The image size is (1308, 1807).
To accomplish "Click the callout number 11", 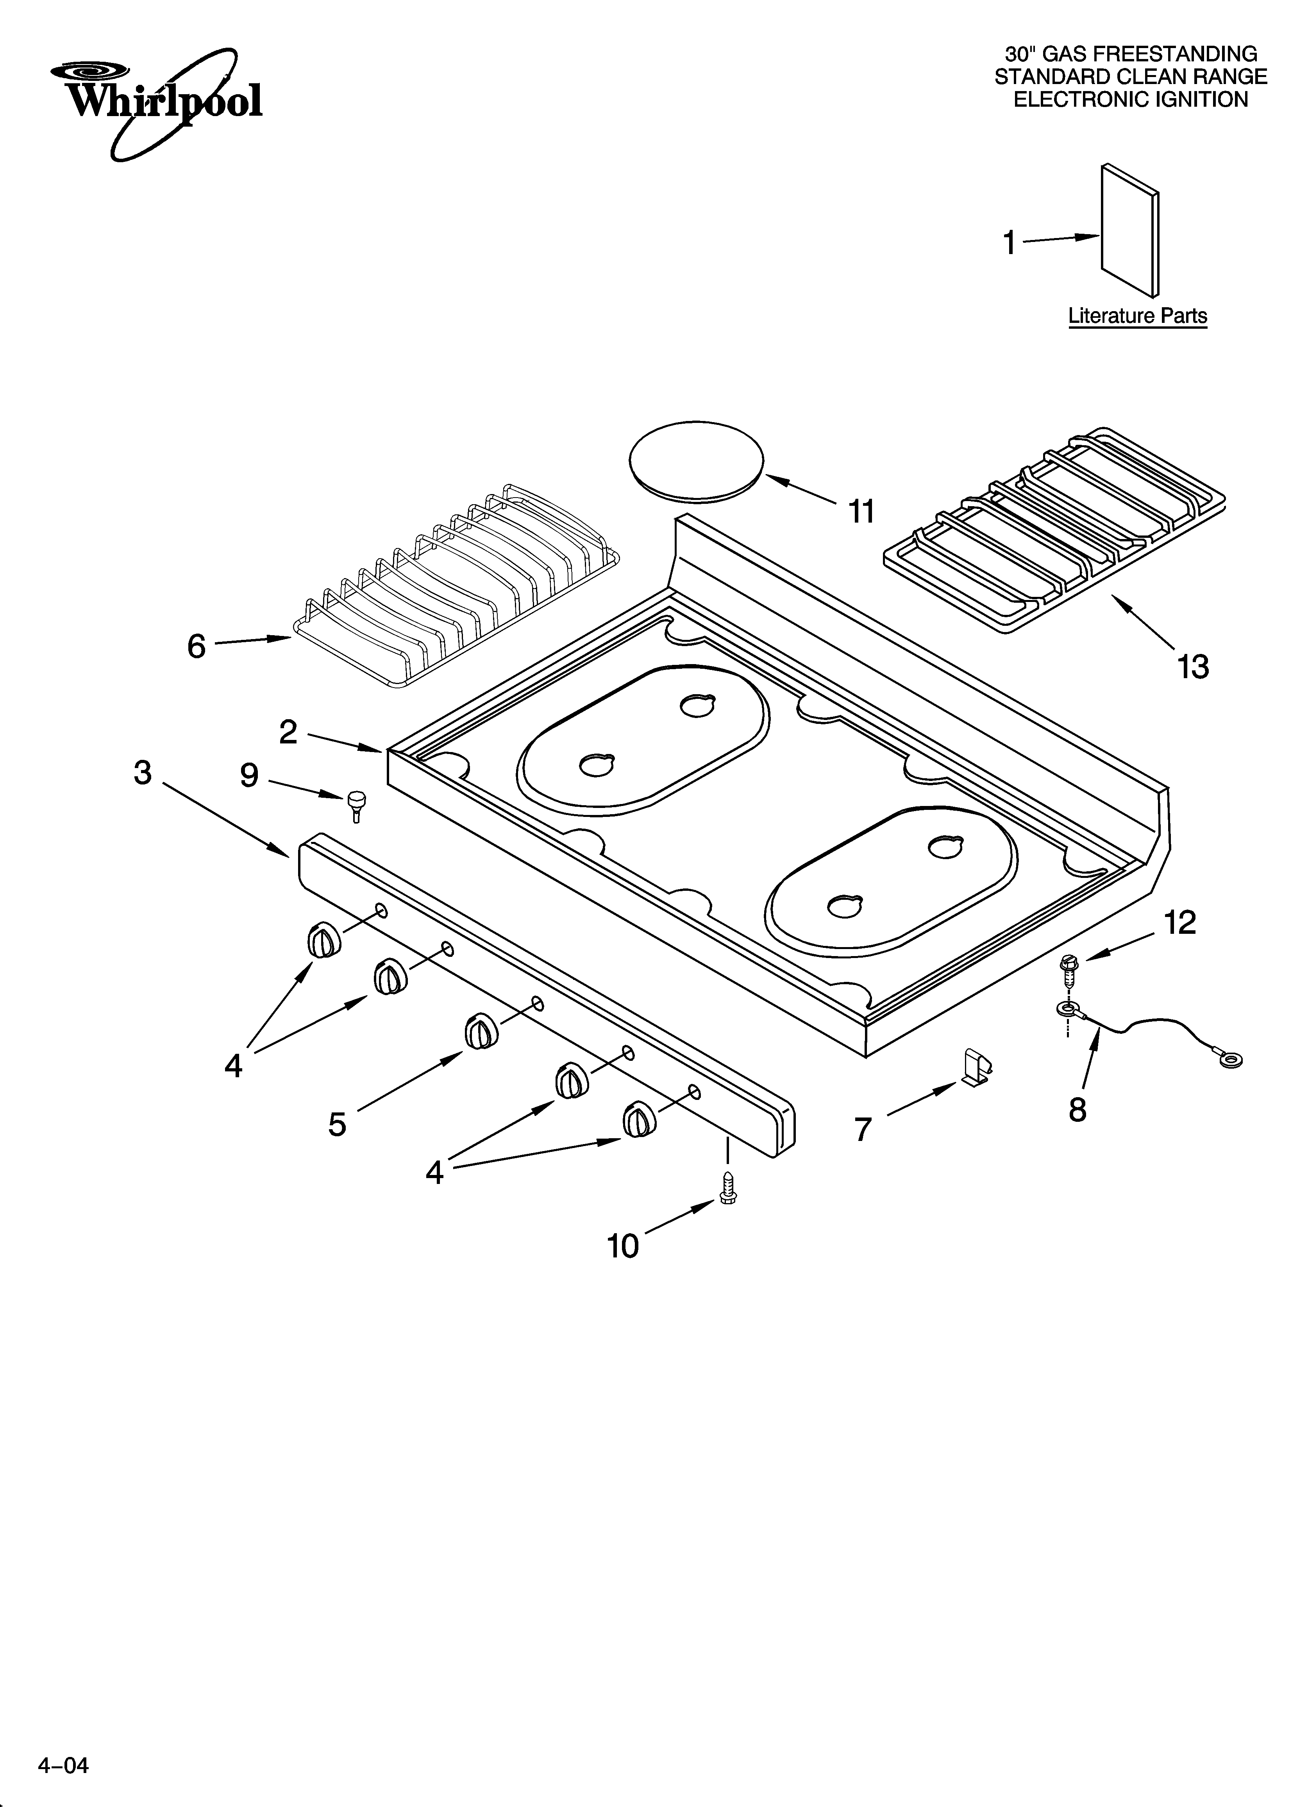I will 861,512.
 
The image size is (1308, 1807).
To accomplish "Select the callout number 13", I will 1192,666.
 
